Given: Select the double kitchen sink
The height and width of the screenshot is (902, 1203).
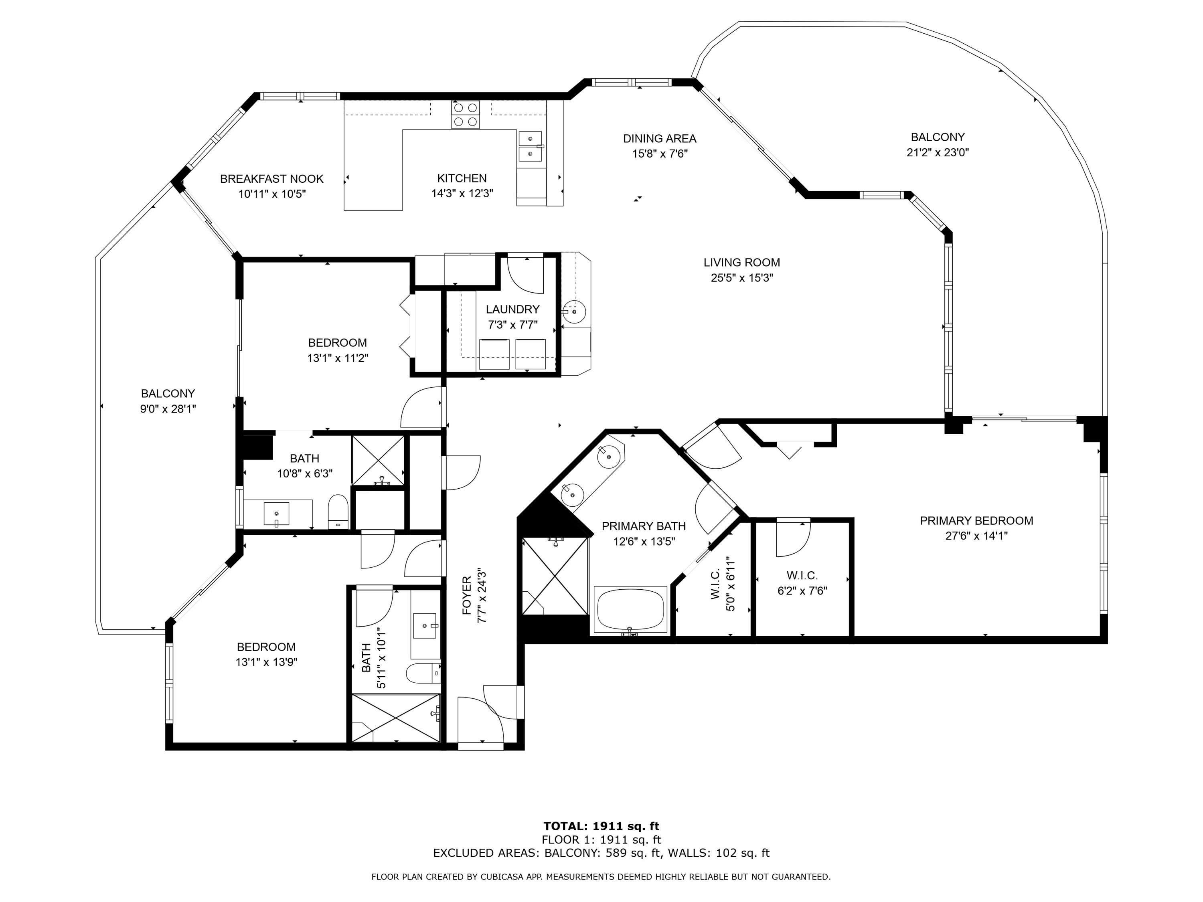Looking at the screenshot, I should pyautogui.click(x=530, y=147).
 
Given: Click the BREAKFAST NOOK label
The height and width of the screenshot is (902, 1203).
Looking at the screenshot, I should pyautogui.click(x=271, y=179).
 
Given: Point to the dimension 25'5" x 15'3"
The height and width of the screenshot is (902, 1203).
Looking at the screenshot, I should pyautogui.click(x=742, y=278).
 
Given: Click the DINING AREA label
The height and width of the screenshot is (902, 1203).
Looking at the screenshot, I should pyautogui.click(x=660, y=139).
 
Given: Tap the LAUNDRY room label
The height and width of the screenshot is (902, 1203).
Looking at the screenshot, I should pyautogui.click(x=512, y=309).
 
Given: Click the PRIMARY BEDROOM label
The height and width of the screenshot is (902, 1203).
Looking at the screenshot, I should pyautogui.click(x=976, y=520).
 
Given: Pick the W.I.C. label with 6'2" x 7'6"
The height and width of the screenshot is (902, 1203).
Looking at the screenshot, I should pyautogui.click(x=802, y=575).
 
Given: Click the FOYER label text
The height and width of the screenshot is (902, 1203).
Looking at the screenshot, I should pyautogui.click(x=467, y=596).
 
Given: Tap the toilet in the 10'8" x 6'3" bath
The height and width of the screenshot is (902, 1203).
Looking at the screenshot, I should pyautogui.click(x=338, y=511).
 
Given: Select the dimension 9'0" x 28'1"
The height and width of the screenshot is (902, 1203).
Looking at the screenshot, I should pyautogui.click(x=168, y=409).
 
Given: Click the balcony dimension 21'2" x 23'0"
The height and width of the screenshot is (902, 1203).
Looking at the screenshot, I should pyautogui.click(x=938, y=153).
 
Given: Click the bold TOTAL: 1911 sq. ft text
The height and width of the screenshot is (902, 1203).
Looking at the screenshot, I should pyautogui.click(x=601, y=826).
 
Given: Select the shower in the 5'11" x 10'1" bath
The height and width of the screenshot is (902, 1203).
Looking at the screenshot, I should pyautogui.click(x=396, y=717).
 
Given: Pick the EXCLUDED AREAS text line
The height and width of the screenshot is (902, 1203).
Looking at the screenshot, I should pyautogui.click(x=601, y=853).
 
